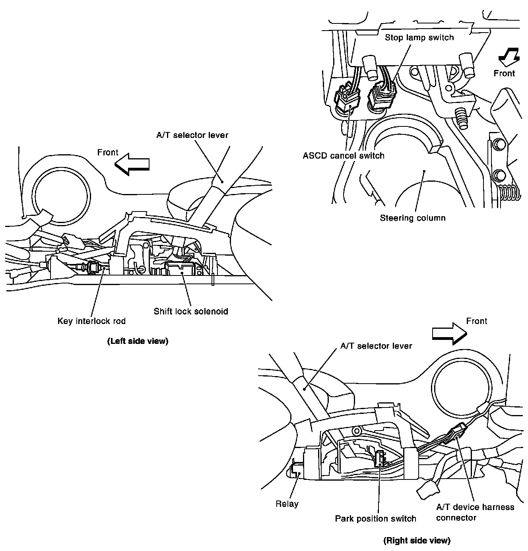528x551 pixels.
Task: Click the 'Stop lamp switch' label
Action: pyautogui.click(x=419, y=38)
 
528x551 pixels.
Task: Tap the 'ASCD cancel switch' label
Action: pyautogui.click(x=344, y=155)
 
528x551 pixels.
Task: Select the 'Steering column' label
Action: pyautogui.click(x=412, y=218)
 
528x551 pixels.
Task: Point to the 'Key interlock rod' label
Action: pyautogui.click(x=91, y=321)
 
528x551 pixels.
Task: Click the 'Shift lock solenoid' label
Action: pyautogui.click(x=191, y=311)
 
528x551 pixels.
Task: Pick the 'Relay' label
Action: pyautogui.click(x=287, y=504)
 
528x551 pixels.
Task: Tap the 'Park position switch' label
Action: pyautogui.click(x=375, y=518)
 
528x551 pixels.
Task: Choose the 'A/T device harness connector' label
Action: pyautogui.click(x=475, y=512)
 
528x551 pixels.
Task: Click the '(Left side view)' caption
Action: pyautogui.click(x=138, y=341)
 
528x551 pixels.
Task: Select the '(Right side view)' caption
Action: pyautogui.click(x=417, y=540)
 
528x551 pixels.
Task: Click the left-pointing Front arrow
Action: pyautogui.click(x=132, y=164)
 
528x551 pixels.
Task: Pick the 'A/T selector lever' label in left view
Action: pyautogui.click(x=192, y=135)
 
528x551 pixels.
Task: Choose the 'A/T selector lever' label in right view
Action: pyautogui.click(x=376, y=346)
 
